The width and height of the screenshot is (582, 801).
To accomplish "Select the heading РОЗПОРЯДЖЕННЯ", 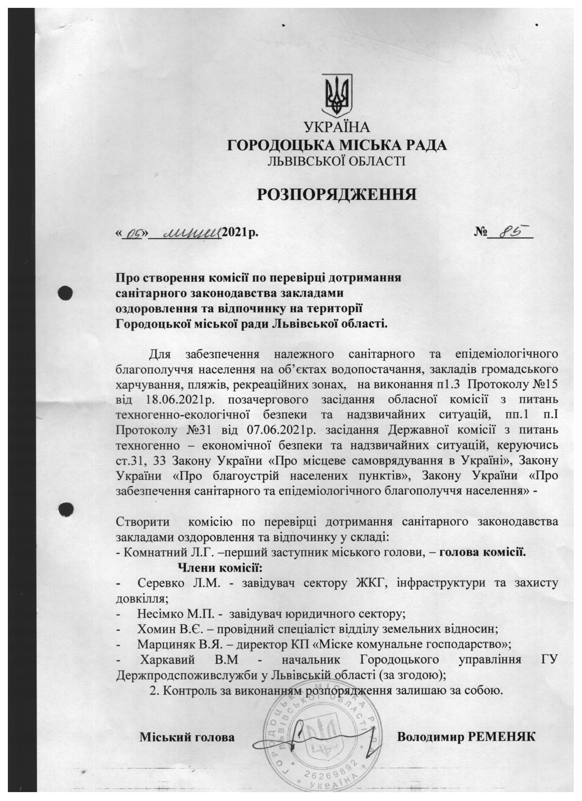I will [x=337, y=194].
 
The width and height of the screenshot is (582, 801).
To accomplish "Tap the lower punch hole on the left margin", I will [x=66, y=508].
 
